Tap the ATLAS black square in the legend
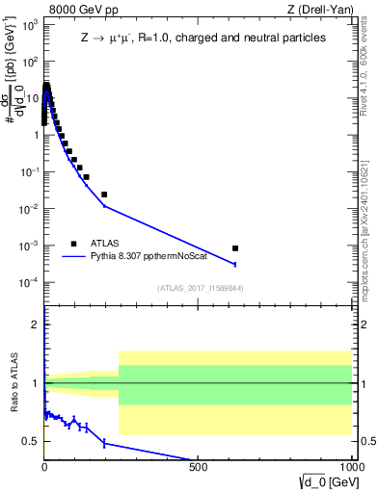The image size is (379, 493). pyautogui.click(x=74, y=244)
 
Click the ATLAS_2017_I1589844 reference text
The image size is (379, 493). pyautogui.click(x=201, y=287)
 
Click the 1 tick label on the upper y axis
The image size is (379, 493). pyautogui.click(x=35, y=135)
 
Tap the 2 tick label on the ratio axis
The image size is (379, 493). pyautogui.click(x=36, y=324)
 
